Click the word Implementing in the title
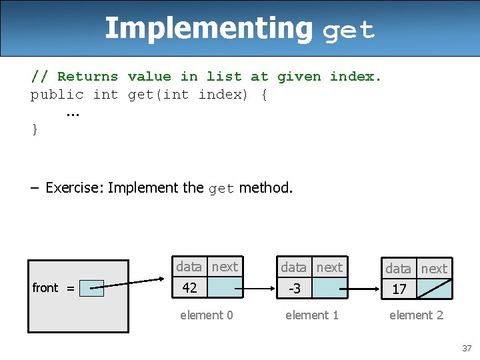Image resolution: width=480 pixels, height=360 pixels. point(208,29)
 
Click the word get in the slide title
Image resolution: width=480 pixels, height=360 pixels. point(349,31)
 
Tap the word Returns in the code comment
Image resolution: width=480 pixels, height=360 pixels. point(87,77)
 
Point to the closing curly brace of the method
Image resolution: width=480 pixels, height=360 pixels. point(35,129)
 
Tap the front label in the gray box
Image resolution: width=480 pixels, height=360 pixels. point(45,288)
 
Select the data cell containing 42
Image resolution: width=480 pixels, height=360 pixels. point(190,288)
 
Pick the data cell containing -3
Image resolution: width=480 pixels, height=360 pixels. point(294,289)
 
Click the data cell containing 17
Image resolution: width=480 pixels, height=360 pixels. point(399,289)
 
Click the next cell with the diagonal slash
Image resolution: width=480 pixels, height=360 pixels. point(434,289)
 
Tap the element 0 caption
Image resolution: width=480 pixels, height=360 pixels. point(207,315)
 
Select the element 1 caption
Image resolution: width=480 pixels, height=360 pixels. point(311,315)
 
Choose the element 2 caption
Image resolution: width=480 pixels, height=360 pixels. point(416,315)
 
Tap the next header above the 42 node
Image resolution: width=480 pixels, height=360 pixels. point(225,267)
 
